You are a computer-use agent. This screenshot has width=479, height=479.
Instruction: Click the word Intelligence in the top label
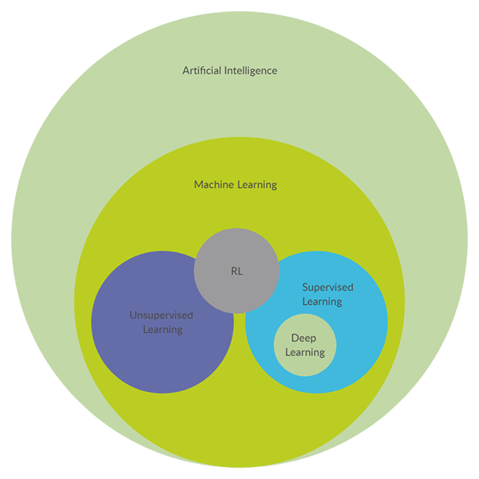(251, 70)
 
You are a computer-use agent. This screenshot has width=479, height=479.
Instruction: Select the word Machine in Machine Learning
(214, 184)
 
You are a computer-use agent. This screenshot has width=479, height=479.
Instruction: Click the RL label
(236, 271)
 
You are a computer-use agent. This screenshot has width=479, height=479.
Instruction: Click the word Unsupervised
(161, 315)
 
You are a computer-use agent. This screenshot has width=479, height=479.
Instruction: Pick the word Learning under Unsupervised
(162, 329)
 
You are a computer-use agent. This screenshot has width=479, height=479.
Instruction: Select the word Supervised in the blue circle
(327, 287)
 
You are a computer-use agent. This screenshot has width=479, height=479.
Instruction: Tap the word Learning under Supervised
(322, 301)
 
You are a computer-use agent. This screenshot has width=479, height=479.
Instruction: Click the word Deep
(303, 338)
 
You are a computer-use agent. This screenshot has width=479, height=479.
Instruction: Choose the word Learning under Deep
(304, 352)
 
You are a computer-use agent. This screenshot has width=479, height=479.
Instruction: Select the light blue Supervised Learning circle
(359, 335)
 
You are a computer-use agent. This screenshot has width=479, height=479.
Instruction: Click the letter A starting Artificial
(186, 70)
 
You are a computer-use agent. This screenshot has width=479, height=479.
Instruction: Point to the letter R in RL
(233, 271)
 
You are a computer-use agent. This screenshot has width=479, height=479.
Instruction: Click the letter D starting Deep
(295, 338)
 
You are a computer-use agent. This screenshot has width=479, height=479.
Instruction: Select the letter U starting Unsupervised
(133, 315)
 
